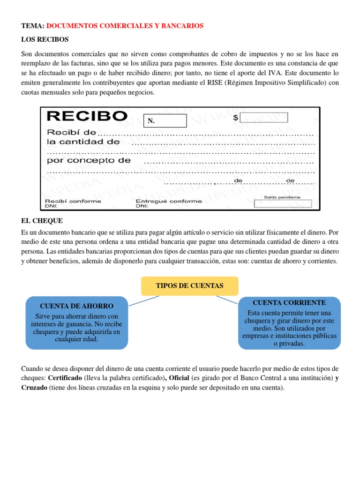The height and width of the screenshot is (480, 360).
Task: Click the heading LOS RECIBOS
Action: click(x=45, y=39)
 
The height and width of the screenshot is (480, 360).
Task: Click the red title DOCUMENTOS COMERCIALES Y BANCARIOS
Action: click(x=125, y=26)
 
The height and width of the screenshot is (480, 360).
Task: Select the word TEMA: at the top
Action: click(x=33, y=26)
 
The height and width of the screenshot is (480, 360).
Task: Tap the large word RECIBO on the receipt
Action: click(x=87, y=116)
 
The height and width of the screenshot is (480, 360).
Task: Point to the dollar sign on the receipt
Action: click(x=235, y=118)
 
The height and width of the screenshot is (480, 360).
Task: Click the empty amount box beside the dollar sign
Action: click(x=264, y=118)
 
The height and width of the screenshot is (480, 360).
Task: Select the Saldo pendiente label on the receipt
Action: click(x=282, y=197)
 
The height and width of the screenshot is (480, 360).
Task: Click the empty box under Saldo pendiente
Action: click(x=282, y=204)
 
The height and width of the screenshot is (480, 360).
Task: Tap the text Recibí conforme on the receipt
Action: click(x=73, y=201)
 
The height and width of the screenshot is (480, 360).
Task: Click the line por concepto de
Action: click(x=89, y=160)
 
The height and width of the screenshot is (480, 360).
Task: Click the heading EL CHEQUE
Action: click(x=42, y=221)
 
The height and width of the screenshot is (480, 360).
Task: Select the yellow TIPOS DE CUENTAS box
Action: click(x=189, y=286)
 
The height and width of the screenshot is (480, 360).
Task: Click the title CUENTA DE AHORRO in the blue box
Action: click(x=76, y=306)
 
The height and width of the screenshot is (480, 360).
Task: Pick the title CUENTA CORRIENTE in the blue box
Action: click(x=289, y=303)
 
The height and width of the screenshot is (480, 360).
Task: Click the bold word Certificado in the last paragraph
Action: click(x=65, y=378)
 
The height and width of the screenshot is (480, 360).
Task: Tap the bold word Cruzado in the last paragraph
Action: click(x=34, y=388)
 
